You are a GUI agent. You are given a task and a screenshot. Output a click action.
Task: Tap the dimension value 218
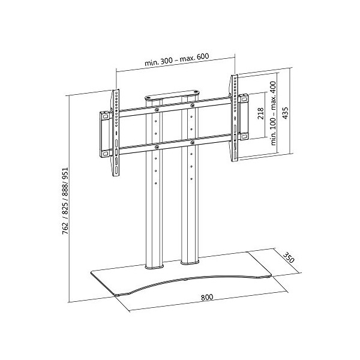click(x=260, y=115)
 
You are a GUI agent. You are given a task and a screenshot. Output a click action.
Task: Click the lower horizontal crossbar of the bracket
click(x=174, y=145)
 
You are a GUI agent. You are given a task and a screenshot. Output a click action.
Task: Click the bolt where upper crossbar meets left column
click(x=156, y=110)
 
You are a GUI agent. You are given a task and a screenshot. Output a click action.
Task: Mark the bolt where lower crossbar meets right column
click(x=192, y=142)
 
